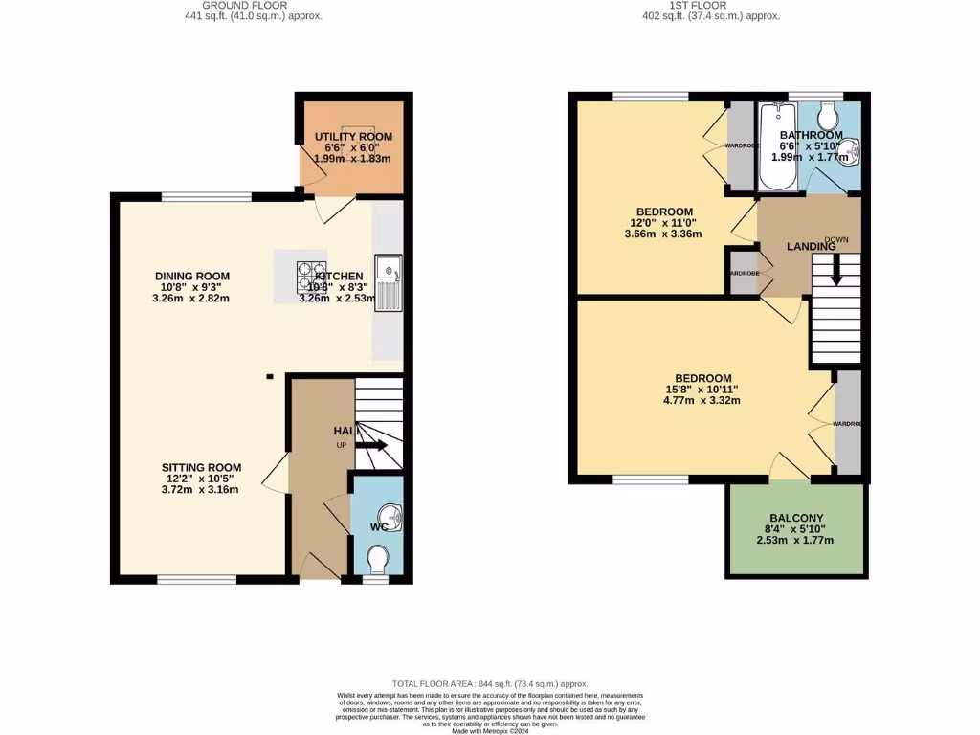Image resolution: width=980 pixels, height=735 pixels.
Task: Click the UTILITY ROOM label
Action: click(x=353, y=137)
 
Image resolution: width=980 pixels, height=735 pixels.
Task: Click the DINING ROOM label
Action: click(x=192, y=276)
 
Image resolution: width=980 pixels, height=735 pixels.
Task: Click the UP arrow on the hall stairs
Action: click(x=371, y=445)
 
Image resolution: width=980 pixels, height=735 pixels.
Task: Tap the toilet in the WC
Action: click(x=379, y=557)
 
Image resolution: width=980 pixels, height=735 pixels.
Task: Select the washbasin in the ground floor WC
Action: click(x=392, y=518)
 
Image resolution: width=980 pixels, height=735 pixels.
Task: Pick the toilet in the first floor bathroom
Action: click(x=827, y=117)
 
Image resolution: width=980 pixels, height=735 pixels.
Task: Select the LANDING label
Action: click(x=811, y=246)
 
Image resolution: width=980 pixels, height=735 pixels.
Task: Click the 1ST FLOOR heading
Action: click(x=711, y=5)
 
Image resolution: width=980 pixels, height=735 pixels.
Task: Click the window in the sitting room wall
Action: click(x=197, y=579)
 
